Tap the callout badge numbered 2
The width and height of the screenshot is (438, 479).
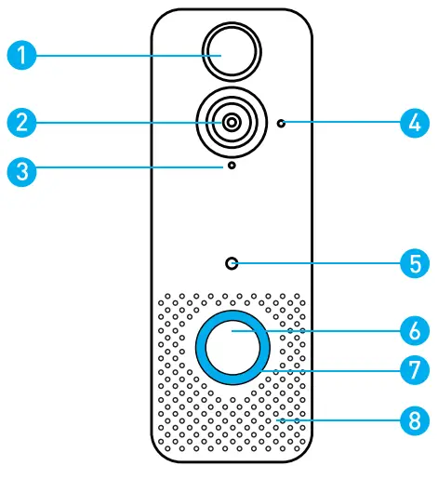coord(21,121)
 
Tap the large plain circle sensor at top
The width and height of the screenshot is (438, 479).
coord(229,50)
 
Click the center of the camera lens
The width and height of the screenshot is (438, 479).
coord(229,122)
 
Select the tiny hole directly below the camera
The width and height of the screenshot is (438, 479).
coord(229,168)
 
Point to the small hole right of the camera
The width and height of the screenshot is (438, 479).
coord(282,123)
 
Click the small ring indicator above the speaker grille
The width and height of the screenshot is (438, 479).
coord(230,263)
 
